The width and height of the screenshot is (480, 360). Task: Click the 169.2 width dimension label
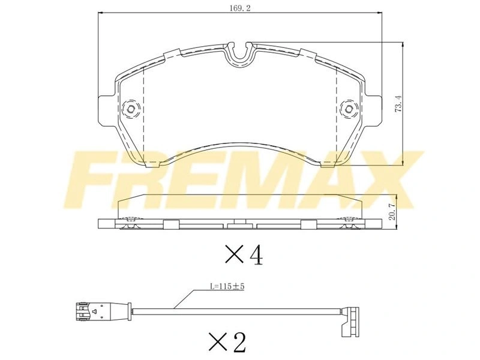click(x=240, y=8)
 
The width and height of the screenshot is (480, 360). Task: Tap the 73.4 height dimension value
click(x=398, y=103)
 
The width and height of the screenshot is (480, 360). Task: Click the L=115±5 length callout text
click(x=227, y=287)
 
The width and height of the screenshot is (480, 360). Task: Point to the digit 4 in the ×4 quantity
click(x=256, y=254)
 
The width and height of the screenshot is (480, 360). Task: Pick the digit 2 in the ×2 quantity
click(x=239, y=342)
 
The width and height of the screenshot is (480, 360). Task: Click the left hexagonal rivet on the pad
click(x=131, y=109)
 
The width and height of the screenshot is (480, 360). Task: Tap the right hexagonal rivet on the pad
click(x=349, y=109)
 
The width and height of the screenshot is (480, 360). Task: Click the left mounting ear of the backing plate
click(x=106, y=109)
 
